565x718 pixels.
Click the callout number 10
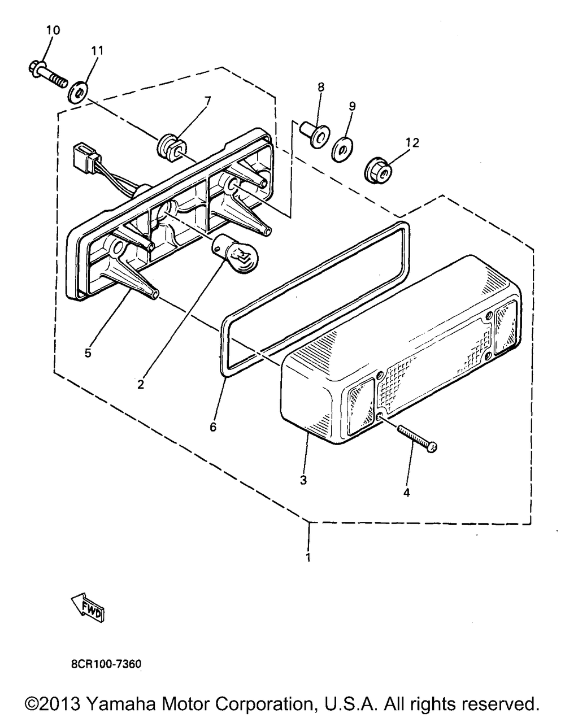tap(53, 31)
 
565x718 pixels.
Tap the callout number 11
tap(97, 50)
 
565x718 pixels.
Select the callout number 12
tap(412, 143)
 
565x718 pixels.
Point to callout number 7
tap(207, 101)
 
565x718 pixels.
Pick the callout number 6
tap(213, 427)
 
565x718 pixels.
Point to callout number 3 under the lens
tap(303, 480)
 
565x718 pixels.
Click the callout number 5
tap(88, 353)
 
